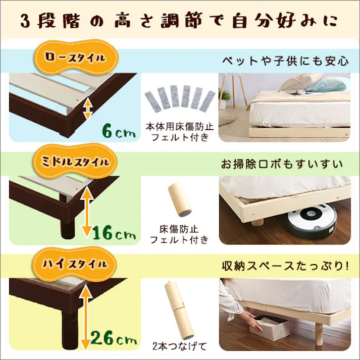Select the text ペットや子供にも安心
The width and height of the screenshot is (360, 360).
pos(285,62)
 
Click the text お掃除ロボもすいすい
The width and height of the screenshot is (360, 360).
pos(281,165)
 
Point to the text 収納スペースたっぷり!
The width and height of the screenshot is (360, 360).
pos(285,266)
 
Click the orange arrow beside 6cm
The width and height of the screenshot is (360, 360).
pos(88,108)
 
